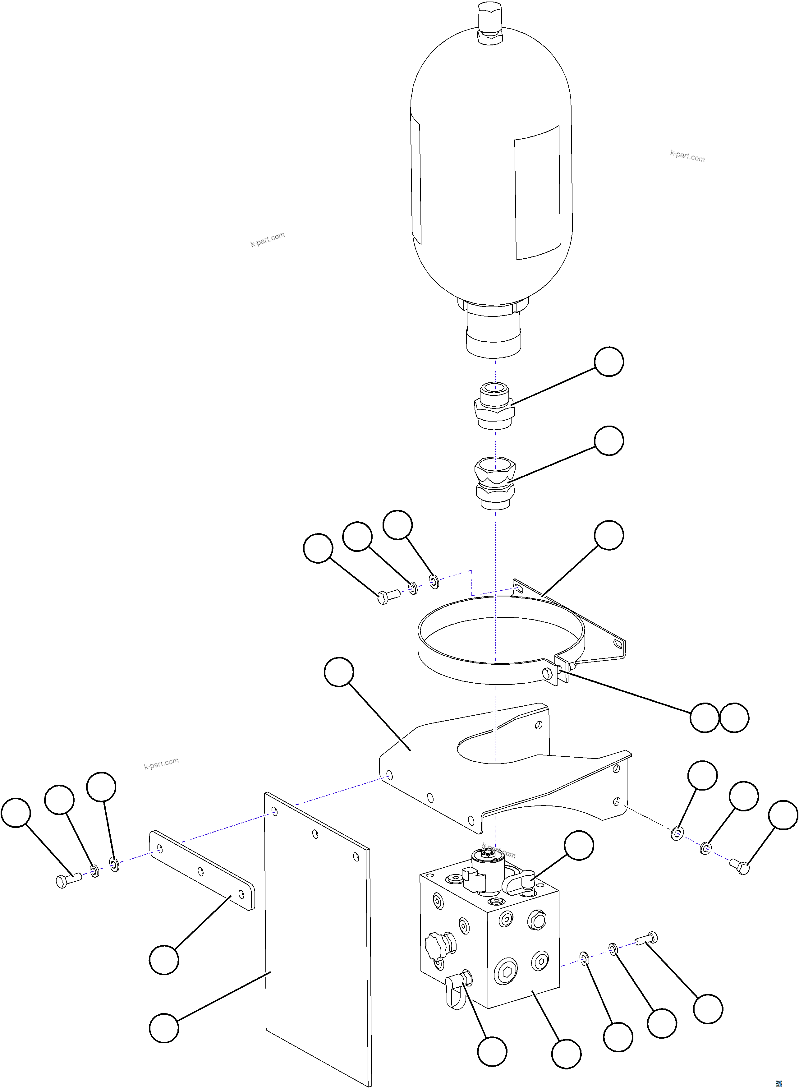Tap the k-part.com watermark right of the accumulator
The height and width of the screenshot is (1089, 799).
(687, 156)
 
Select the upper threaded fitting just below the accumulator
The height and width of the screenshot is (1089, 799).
(494, 405)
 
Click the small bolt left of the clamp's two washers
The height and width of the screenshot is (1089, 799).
(387, 598)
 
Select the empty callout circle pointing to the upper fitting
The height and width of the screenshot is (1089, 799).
(608, 361)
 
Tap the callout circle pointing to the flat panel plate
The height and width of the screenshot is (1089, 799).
(164, 1028)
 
